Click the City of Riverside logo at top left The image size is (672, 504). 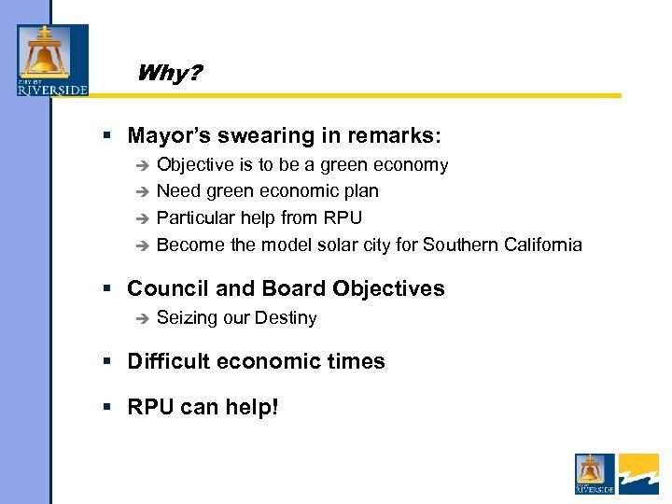(52, 60)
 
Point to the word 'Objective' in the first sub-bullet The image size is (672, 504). (194, 165)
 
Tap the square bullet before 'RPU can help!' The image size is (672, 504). (109, 408)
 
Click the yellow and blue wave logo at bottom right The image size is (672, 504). (638, 473)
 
